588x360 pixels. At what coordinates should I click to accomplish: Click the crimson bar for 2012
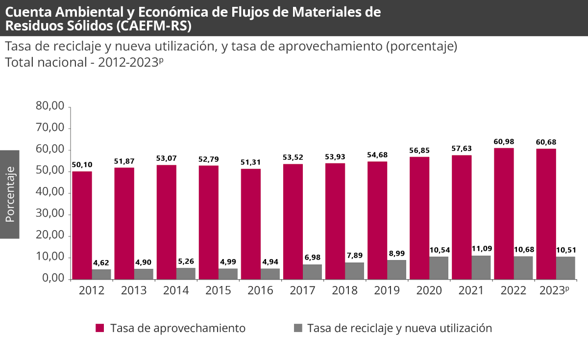[x=82, y=225]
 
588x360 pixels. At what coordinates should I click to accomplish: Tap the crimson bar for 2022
[x=504, y=214]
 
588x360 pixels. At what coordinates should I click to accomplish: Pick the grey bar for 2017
[x=312, y=272]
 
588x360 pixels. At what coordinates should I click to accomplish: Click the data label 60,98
[x=504, y=142]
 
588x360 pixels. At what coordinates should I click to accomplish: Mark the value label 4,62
[x=101, y=263]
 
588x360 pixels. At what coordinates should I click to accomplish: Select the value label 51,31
[x=250, y=162]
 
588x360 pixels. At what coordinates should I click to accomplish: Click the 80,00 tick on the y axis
[x=50, y=106]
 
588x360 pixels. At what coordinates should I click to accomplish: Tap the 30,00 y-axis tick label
[x=50, y=214]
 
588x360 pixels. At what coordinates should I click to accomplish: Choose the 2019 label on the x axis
[x=387, y=291]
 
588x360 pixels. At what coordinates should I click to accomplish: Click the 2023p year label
[x=554, y=291]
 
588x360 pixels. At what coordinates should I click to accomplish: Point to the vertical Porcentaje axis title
[x=10, y=194]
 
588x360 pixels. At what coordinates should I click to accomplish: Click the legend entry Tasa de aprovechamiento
[x=177, y=328]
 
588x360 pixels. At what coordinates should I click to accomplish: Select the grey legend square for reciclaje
[x=298, y=328]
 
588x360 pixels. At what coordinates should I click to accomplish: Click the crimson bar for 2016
[x=250, y=224]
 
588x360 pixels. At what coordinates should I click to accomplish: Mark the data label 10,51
[x=565, y=250]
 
